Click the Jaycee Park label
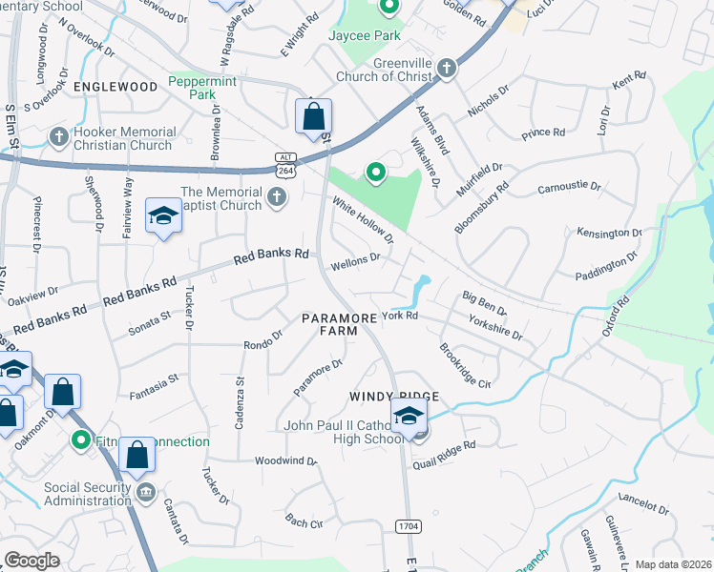(x=364, y=35)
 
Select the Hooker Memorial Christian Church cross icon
(x=59, y=136)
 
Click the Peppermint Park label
(x=203, y=88)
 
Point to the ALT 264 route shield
(x=285, y=163)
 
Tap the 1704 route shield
(x=407, y=525)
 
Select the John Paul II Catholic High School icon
(x=409, y=416)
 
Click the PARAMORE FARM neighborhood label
(x=330, y=323)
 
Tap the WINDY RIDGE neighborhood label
(x=393, y=396)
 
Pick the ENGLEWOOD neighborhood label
(x=115, y=87)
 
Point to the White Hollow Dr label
(x=364, y=219)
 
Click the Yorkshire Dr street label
(x=496, y=329)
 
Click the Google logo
(x=31, y=561)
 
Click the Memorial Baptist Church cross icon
(x=277, y=198)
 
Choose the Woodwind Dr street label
(x=285, y=460)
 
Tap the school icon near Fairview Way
(x=163, y=216)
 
